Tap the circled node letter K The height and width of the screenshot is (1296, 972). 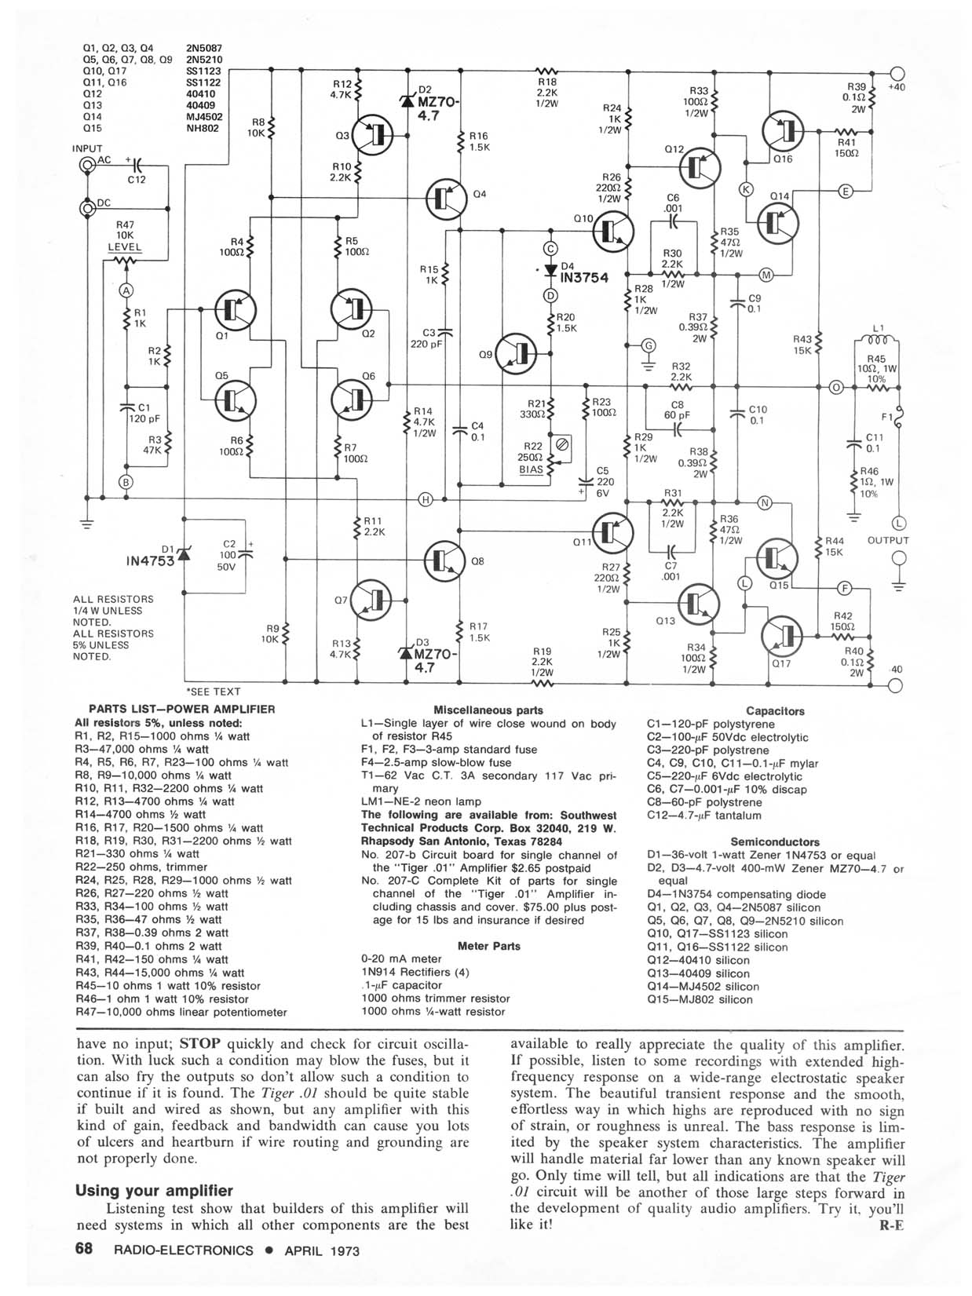tap(746, 188)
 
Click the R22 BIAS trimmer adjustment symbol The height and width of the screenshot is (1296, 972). tap(561, 446)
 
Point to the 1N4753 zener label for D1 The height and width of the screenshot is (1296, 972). tap(149, 561)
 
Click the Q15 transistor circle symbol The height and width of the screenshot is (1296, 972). tap(777, 559)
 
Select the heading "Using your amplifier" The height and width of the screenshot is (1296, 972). tap(154, 1190)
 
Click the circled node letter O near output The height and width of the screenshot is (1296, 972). tap(836, 387)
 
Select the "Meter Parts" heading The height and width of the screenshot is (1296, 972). tap(488, 946)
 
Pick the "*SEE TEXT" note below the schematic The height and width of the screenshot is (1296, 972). tap(213, 692)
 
